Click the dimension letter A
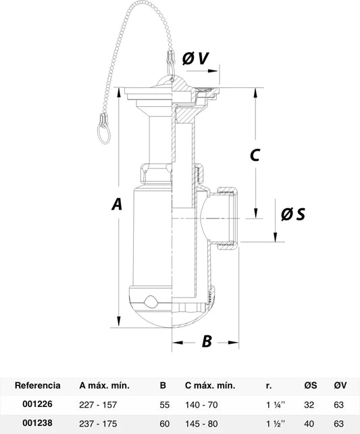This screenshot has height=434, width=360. click(x=117, y=205)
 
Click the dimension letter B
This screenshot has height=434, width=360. click(x=207, y=341)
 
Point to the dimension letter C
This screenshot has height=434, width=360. click(x=255, y=155)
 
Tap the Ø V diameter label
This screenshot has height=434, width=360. click(x=195, y=58)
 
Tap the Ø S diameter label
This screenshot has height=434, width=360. click(x=293, y=214)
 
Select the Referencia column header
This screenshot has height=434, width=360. click(x=38, y=385)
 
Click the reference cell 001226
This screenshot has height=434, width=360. click(x=37, y=404)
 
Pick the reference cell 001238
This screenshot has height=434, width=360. click(x=37, y=423)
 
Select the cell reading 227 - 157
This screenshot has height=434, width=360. click(x=98, y=405)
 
